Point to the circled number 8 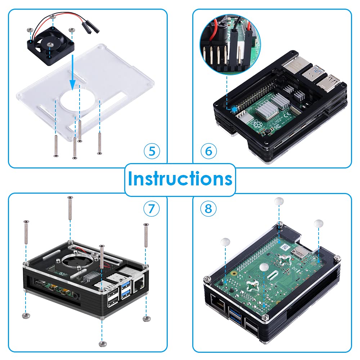click(208, 208)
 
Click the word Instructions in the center click(180, 179)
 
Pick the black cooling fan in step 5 click(50, 47)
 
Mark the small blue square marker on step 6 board click(233, 108)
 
